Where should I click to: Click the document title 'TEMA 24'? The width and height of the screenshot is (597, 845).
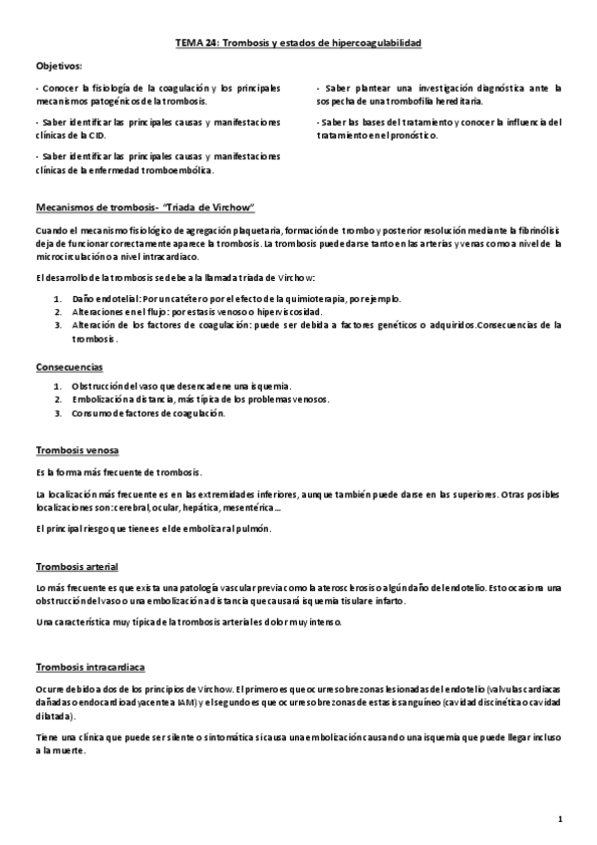click(196, 44)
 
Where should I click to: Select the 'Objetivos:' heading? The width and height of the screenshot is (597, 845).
click(59, 66)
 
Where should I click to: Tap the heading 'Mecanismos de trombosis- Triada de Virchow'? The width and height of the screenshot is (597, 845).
click(146, 207)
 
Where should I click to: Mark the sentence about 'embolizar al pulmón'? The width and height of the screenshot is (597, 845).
click(151, 529)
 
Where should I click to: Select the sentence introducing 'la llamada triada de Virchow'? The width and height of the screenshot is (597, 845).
click(174, 276)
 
